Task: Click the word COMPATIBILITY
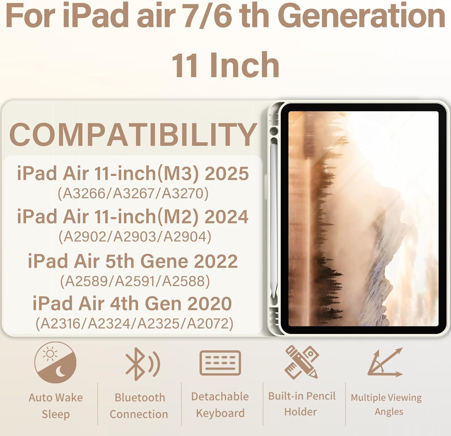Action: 133,135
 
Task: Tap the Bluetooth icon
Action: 142,364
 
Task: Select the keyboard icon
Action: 220,363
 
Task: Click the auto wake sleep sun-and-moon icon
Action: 55,362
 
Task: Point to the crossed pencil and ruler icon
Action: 301,362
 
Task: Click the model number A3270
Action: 185,194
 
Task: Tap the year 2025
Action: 227,174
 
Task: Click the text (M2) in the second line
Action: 178,217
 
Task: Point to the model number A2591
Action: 135,281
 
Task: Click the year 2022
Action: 216,261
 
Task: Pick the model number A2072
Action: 210,324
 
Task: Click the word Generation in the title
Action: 361,16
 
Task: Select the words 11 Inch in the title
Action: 226,65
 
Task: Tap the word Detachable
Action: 220,397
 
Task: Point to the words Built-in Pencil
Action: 302,396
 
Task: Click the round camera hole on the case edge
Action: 274,131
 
